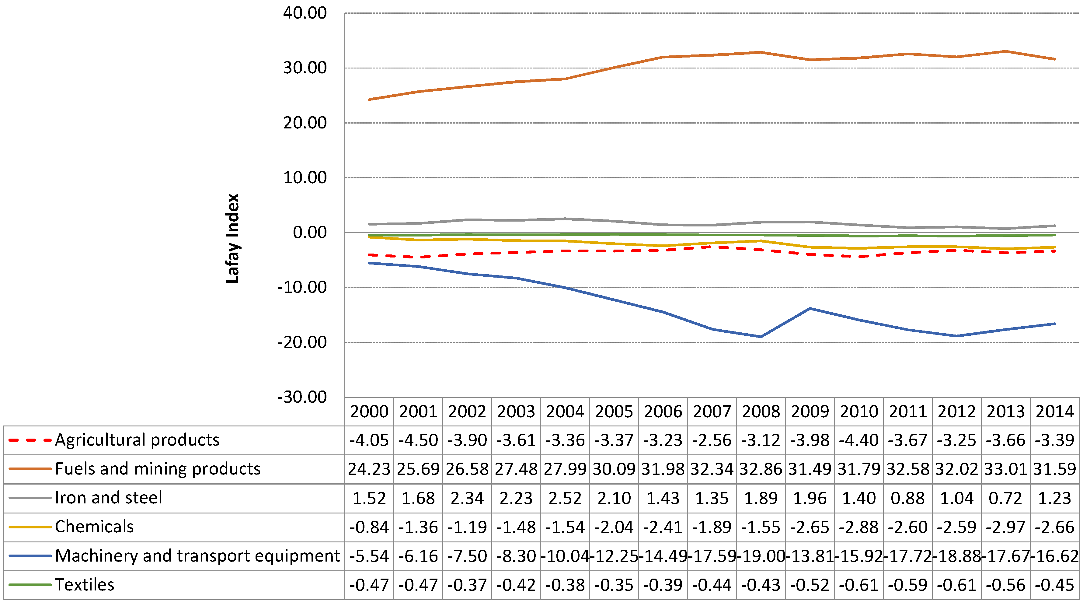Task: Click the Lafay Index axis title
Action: tap(232, 238)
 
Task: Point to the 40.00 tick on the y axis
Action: tap(305, 13)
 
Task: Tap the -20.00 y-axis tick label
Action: tap(301, 342)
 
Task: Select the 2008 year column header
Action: tap(761, 411)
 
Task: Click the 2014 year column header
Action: tap(1054, 411)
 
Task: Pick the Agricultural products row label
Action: tap(137, 440)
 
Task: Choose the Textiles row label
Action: tap(85, 585)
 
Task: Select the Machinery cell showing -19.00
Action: tap(761, 556)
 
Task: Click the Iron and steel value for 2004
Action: tap(565, 498)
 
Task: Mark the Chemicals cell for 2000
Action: tap(369, 527)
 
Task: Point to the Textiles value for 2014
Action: tap(1054, 585)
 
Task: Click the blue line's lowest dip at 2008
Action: tap(761, 336)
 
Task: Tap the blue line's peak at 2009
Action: tap(810, 308)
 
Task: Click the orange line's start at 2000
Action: tap(369, 100)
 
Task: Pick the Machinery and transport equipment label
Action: tap(197, 556)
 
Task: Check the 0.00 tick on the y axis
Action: tap(309, 233)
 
